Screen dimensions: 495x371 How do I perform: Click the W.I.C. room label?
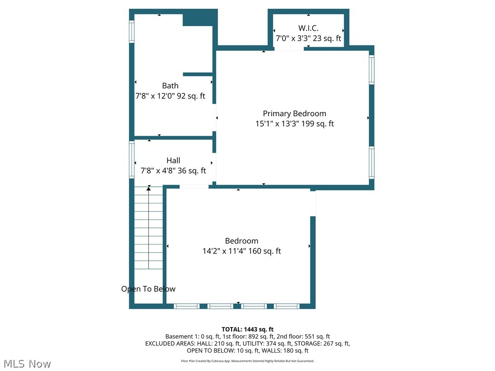click(x=308, y=28)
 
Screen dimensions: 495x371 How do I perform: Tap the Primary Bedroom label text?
click(x=294, y=114)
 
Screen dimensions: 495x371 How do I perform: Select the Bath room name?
click(x=170, y=86)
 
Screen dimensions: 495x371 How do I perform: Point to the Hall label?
click(x=174, y=160)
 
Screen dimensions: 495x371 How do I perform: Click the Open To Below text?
click(x=148, y=289)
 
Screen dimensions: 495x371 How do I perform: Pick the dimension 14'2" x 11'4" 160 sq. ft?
click(x=242, y=251)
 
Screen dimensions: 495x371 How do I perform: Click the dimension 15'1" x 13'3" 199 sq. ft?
click(x=294, y=124)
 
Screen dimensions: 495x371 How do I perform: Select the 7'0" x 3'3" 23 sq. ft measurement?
click(x=308, y=39)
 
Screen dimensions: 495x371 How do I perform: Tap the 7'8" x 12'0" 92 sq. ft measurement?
click(x=170, y=96)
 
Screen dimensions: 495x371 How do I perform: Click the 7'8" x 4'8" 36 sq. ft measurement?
click(x=173, y=171)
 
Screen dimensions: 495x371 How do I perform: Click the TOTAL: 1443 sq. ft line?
click(x=247, y=329)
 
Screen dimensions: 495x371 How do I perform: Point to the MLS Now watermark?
click(x=27, y=364)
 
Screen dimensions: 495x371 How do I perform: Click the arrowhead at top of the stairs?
click(x=149, y=188)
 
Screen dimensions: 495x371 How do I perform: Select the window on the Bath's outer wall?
click(x=131, y=31)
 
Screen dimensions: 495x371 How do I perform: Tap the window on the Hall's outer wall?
click(x=131, y=159)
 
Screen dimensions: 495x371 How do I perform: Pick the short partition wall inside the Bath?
click(x=198, y=74)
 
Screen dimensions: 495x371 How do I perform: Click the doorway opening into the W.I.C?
click(x=289, y=48)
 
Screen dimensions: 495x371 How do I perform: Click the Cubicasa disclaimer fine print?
click(x=247, y=361)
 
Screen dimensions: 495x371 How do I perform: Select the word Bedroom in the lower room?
click(x=242, y=241)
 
